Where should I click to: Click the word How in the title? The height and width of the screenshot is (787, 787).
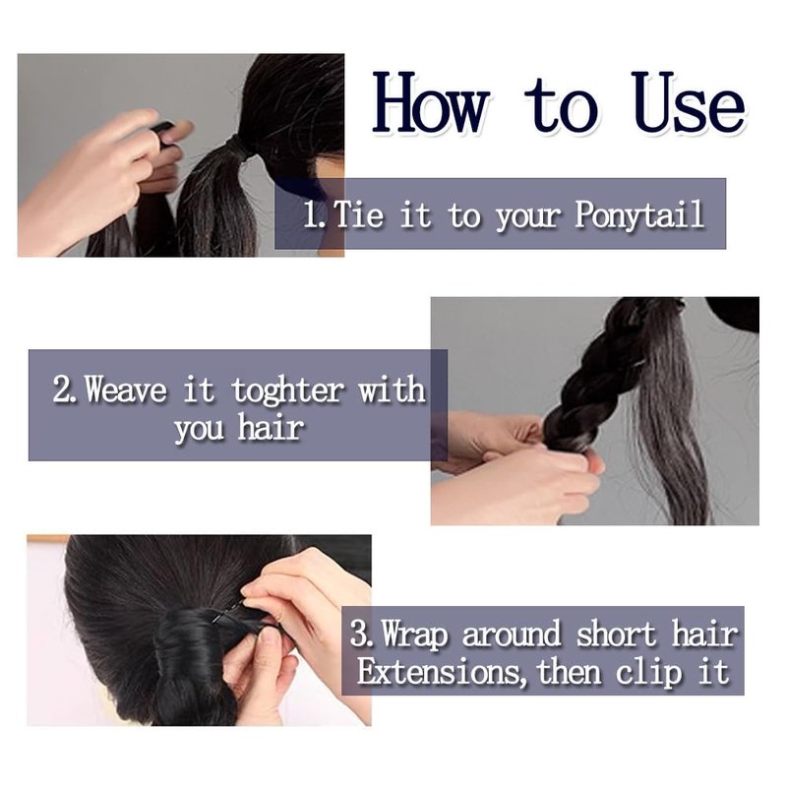click(431, 103)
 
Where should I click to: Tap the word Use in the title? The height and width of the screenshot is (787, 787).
click(689, 103)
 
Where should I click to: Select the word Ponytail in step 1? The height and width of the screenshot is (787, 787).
click(639, 215)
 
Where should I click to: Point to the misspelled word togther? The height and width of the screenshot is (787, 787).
click(287, 391)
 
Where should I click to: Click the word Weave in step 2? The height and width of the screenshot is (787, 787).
click(126, 390)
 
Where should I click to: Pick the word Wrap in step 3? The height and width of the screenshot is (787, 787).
click(414, 635)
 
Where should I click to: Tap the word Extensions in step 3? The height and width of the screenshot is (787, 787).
click(439, 671)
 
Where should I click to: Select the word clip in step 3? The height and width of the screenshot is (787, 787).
click(648, 673)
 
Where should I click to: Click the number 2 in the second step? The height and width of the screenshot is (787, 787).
click(61, 390)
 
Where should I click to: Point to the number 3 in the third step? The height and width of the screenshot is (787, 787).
click(359, 634)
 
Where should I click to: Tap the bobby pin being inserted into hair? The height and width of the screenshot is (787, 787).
click(229, 610)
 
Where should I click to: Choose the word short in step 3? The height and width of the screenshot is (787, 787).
click(616, 635)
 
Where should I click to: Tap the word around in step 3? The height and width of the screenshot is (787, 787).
click(511, 635)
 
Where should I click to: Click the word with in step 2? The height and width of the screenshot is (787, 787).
click(392, 390)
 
